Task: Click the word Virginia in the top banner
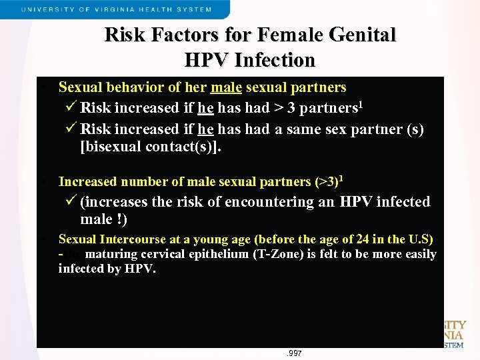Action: tap(141, 10)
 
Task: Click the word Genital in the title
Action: tap(359, 35)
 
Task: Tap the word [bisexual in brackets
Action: tap(111, 147)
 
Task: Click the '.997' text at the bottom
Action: tap(294, 353)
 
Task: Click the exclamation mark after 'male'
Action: tap(125, 219)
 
